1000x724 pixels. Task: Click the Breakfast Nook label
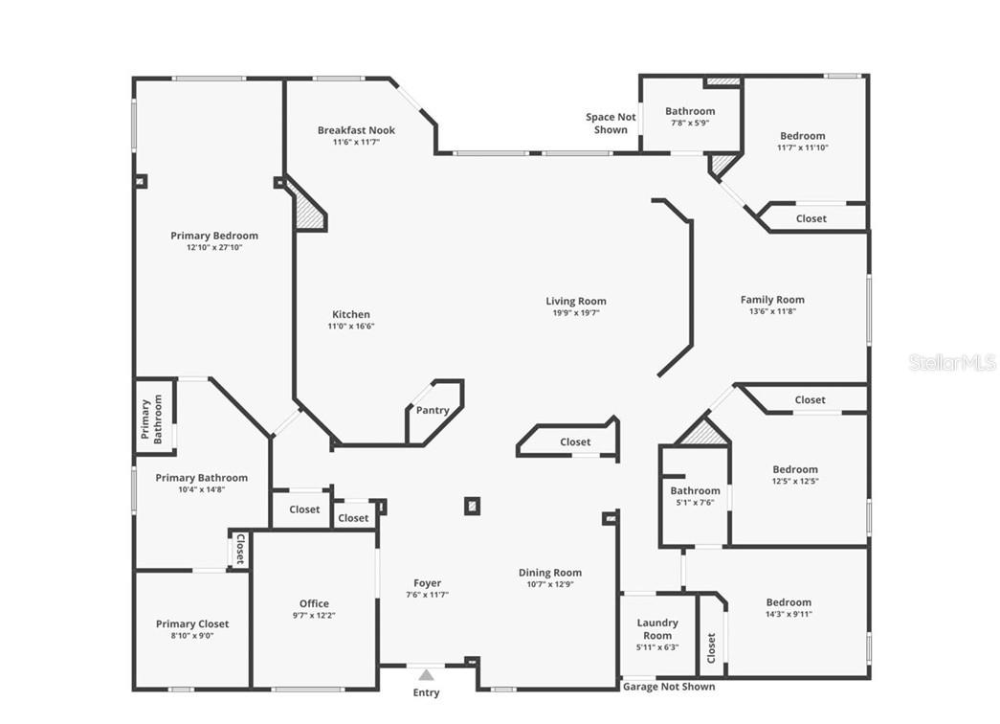356,130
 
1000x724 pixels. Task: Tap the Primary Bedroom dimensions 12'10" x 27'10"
214,248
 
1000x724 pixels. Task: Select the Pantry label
433,411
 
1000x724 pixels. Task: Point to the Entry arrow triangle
426,674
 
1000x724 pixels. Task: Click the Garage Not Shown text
668,687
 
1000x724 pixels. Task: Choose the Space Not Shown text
611,124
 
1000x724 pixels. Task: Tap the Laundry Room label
657,629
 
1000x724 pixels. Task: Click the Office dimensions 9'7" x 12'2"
314,616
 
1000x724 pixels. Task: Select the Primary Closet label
192,624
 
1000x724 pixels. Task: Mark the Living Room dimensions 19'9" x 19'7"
576,313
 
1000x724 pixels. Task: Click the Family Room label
772,300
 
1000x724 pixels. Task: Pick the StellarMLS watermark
952,363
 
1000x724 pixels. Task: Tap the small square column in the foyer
472,506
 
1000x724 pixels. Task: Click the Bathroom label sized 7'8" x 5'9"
690,111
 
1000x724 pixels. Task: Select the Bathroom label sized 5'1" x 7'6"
695,490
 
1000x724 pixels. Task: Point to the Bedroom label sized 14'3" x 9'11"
789,602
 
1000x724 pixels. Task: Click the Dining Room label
550,573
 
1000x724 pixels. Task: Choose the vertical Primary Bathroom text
152,419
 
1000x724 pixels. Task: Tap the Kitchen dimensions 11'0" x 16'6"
350,327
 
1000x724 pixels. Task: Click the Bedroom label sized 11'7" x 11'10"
801,136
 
